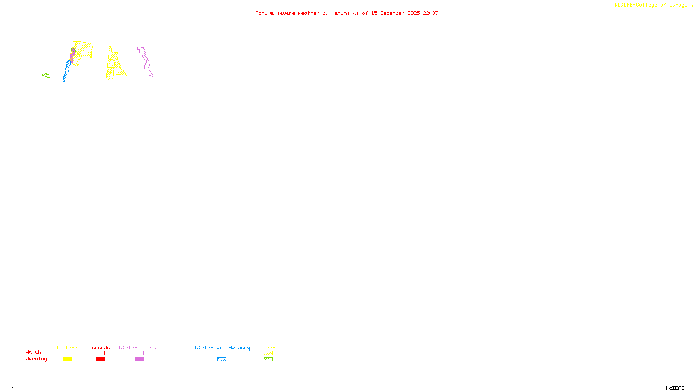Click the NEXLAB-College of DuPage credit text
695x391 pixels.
click(652, 5)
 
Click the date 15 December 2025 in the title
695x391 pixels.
click(395, 13)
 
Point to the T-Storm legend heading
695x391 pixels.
click(67, 348)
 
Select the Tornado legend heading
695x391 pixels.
click(99, 348)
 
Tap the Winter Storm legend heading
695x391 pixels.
click(137, 348)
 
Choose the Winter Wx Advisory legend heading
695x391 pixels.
click(222, 348)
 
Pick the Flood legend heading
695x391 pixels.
click(268, 348)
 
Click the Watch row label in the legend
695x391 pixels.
click(33, 352)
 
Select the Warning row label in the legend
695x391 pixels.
click(36, 359)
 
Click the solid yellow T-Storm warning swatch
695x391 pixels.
click(67, 359)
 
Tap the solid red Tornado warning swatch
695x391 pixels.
click(100, 359)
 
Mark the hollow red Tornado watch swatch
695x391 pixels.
click(100, 353)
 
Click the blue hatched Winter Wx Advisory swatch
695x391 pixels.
click(222, 359)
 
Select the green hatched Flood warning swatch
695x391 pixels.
click(268, 359)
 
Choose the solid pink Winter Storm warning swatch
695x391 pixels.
click(139, 359)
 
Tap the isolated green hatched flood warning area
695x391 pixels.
click(46, 76)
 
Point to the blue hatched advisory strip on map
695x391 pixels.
click(66, 72)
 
